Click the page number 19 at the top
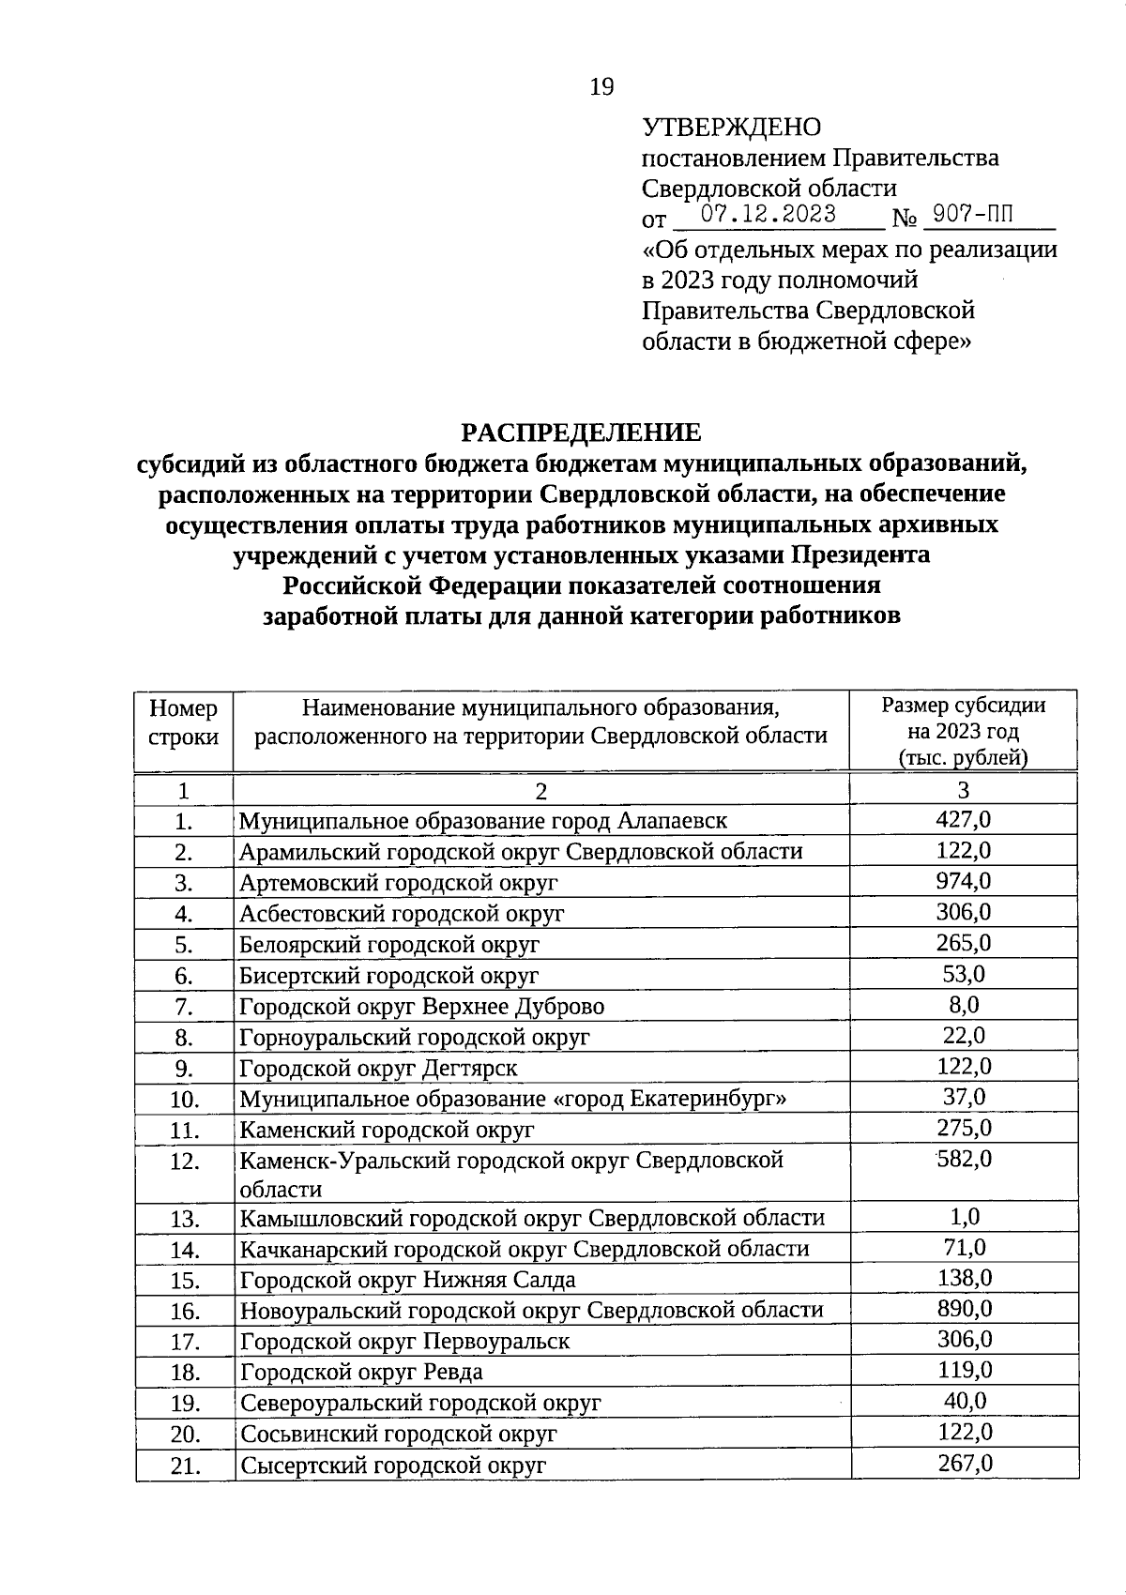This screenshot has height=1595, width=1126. (601, 87)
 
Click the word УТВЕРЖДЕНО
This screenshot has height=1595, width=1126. (731, 127)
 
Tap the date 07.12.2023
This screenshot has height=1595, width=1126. (768, 215)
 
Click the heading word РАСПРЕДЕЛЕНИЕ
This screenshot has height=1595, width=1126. (581, 433)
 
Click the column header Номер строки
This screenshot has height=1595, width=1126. (184, 722)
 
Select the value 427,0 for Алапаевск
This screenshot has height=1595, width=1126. (963, 820)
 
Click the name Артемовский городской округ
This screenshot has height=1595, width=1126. (398, 882)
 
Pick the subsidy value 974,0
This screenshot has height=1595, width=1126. (963, 881)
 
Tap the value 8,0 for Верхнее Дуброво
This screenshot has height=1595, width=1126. (963, 1005)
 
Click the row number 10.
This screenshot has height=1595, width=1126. (185, 1099)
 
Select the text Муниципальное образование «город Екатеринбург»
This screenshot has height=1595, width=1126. (512, 1098)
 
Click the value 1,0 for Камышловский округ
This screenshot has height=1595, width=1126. (964, 1217)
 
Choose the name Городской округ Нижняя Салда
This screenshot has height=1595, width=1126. (407, 1280)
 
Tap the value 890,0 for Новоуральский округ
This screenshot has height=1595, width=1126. (965, 1309)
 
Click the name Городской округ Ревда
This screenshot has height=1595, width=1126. (361, 1372)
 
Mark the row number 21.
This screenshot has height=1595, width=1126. (186, 1465)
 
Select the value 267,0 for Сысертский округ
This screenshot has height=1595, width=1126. (965, 1463)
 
